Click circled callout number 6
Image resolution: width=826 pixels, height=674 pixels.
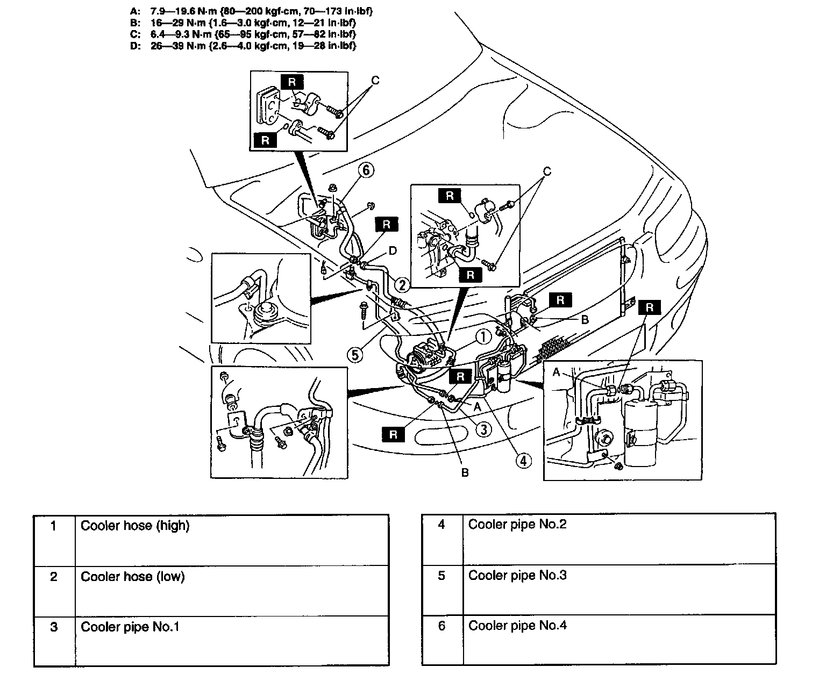(x=366, y=170)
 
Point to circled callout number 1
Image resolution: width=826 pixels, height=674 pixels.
(x=483, y=337)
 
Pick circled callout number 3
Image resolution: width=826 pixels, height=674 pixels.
(x=484, y=428)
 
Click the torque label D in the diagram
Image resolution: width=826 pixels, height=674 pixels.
(x=393, y=250)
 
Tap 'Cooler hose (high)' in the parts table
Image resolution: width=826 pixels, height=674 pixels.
(x=135, y=526)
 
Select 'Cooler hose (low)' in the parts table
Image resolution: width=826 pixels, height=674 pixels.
(x=132, y=577)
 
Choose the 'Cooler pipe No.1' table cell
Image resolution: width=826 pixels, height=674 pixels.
(x=130, y=627)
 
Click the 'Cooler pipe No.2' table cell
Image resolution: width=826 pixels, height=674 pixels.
(x=517, y=524)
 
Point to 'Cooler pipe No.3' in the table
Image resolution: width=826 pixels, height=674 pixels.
(x=517, y=575)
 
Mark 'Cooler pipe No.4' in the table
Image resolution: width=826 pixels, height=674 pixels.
(x=517, y=626)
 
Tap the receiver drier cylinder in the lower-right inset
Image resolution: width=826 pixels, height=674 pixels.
(x=640, y=425)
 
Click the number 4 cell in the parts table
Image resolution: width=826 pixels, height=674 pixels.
(x=442, y=525)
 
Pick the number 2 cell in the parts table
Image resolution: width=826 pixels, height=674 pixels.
(x=54, y=577)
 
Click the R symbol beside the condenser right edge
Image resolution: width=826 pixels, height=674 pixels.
(x=650, y=307)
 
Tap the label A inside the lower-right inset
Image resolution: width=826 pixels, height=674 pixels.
(x=556, y=372)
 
